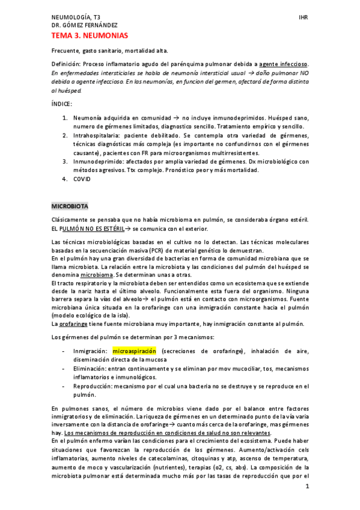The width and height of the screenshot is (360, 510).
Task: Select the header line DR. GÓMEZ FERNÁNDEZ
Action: tap(84, 26)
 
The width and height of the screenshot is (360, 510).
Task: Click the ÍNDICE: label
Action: tap(62, 104)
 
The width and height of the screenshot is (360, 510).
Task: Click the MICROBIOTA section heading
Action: tap(70, 206)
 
